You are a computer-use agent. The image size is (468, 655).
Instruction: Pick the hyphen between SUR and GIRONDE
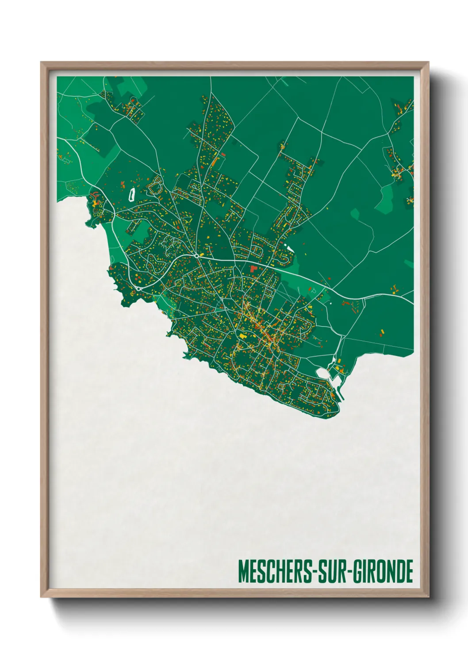pos(351,572)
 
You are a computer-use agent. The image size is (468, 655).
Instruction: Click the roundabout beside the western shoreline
pos(139,289)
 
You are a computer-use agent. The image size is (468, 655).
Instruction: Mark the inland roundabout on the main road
pos(196,255)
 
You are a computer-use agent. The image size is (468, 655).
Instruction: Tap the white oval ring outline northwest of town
pos(131,194)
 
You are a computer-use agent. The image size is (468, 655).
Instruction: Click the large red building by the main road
pos(253,268)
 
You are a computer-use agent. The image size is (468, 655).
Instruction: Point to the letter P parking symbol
pos(314,292)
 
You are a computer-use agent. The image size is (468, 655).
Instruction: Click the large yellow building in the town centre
pos(242,336)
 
